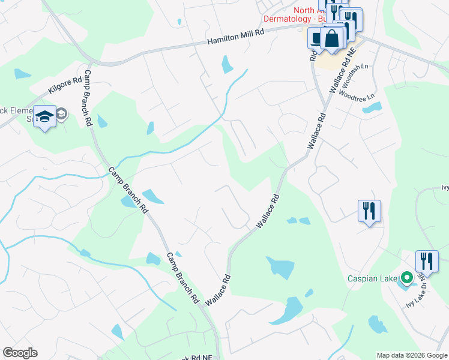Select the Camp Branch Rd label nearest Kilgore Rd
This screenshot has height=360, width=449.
[87, 97]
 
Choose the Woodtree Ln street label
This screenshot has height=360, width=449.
[357, 94]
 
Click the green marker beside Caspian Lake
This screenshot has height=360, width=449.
[406, 278]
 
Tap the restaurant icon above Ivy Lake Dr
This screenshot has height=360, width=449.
[427, 262]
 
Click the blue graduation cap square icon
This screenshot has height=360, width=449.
[44, 116]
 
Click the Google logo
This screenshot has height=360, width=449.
[20, 353]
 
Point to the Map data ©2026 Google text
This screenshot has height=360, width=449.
[411, 355]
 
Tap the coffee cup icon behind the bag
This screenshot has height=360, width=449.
[316, 38]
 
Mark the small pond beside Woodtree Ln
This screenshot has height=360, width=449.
[372, 108]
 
